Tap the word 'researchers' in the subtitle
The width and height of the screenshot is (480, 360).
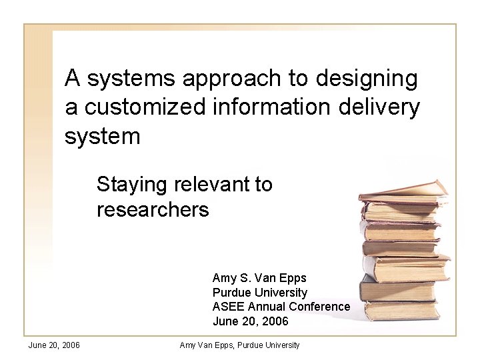153,210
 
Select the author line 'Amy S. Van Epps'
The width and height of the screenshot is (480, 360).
259,278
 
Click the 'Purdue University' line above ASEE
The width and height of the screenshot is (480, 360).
259,293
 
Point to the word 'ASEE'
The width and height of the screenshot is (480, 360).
228,307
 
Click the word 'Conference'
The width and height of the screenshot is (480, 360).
322,307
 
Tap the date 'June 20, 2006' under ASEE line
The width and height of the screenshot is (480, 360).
250,321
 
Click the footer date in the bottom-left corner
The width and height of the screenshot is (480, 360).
54,345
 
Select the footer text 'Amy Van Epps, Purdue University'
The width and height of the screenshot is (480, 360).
240,345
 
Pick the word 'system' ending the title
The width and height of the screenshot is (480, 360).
103,136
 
